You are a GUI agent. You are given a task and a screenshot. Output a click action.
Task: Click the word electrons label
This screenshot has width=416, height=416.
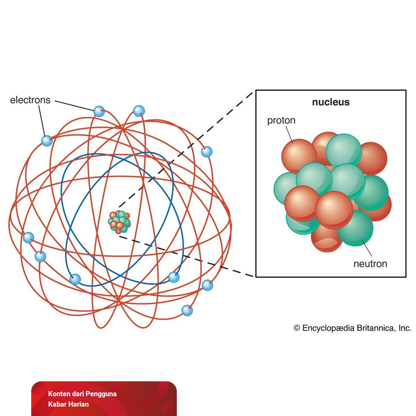(x=30, y=100)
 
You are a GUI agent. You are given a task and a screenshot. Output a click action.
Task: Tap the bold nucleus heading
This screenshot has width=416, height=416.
(x=331, y=102)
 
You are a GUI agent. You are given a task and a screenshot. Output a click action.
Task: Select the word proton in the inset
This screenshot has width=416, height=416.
(x=281, y=120)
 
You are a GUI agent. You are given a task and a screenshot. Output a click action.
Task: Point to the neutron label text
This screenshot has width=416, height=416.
(x=370, y=264)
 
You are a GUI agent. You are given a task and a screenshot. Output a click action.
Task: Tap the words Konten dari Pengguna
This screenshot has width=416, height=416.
(x=83, y=394)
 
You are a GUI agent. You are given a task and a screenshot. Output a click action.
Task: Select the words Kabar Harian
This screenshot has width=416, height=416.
(x=69, y=404)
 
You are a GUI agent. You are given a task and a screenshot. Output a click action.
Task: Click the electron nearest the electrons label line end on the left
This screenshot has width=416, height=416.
(x=46, y=140)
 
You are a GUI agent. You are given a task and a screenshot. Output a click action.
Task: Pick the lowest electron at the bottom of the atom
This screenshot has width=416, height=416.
(x=187, y=310)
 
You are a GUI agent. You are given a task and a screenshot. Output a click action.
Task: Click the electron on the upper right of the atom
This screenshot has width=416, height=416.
(x=207, y=151)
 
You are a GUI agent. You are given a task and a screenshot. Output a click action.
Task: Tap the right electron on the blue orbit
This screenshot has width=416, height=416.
(x=174, y=277)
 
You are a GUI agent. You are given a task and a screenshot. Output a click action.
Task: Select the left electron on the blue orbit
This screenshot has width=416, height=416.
(x=75, y=279)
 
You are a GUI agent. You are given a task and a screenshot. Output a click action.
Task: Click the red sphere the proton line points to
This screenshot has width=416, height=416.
(x=298, y=154)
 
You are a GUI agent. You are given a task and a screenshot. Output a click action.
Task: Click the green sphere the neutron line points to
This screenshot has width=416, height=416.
(x=355, y=229)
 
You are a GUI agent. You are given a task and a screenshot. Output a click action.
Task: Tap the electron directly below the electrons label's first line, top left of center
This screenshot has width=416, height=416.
(x=99, y=111)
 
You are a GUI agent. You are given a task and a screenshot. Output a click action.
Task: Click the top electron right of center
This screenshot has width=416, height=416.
(x=139, y=111)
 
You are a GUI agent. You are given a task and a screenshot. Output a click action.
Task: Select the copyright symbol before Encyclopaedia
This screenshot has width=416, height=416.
(x=297, y=328)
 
